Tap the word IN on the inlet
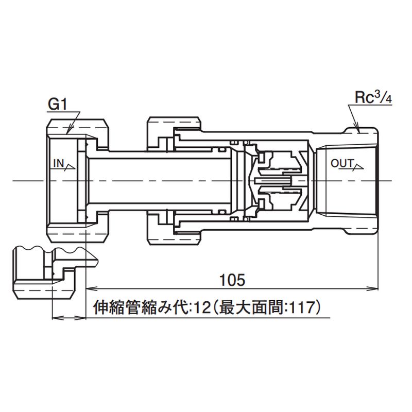(x=58, y=164)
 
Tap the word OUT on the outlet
(x=342, y=164)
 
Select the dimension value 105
(x=231, y=280)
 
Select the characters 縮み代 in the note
(x=160, y=308)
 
